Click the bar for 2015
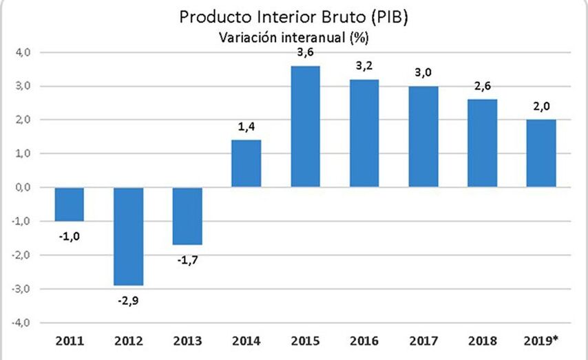pos(305,127)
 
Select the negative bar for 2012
pos(128,236)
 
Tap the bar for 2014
pos(246,163)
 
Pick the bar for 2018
pos(482,143)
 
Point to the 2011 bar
pos(69,204)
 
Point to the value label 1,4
pos(246,128)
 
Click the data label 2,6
pos(482,87)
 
